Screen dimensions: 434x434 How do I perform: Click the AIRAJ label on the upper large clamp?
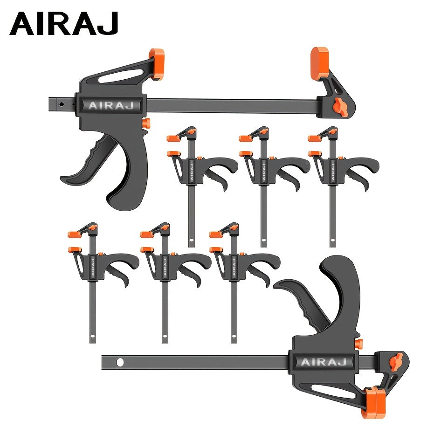111,105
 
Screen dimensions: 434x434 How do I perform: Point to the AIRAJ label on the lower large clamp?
324,362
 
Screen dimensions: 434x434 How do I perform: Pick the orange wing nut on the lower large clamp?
395,361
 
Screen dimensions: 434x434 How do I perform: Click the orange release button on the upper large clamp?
146,123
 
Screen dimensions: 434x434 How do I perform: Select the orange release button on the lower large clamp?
358,344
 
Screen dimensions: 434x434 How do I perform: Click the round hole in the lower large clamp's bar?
120,362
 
